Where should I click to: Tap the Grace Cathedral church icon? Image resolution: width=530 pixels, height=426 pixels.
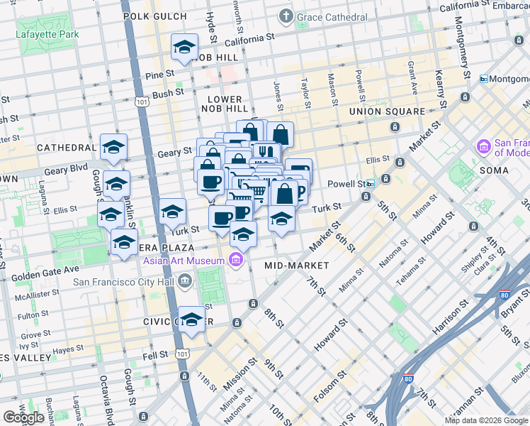tap(286, 15)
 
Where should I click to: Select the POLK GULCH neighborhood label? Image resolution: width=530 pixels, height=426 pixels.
tap(154, 15)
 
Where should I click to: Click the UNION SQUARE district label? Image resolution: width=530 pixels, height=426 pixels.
tap(387, 111)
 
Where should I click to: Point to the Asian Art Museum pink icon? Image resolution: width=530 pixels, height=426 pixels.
tap(235, 261)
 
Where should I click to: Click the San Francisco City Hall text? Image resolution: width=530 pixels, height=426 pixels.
tap(124, 282)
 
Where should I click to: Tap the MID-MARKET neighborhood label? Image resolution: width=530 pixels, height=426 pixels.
tap(296, 265)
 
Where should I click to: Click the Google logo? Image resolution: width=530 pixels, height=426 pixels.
tap(23, 417)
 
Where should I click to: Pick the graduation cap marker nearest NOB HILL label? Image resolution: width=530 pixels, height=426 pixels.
tap(184, 48)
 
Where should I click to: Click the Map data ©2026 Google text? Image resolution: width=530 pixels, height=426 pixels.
tap(486, 420)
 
